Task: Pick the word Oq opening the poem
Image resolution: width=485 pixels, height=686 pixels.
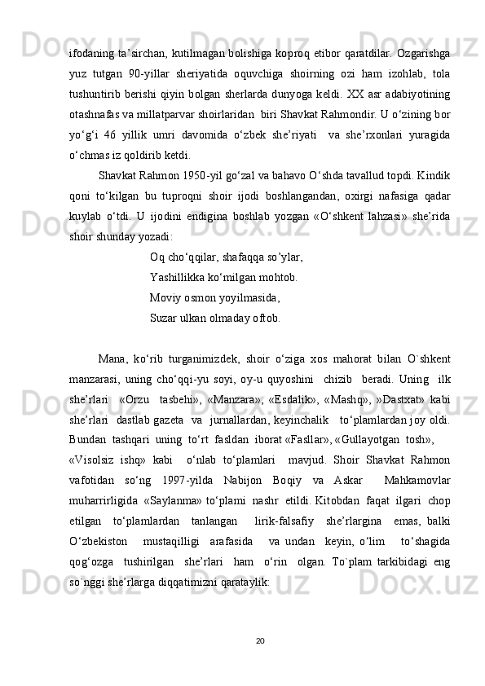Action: [157, 257]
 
